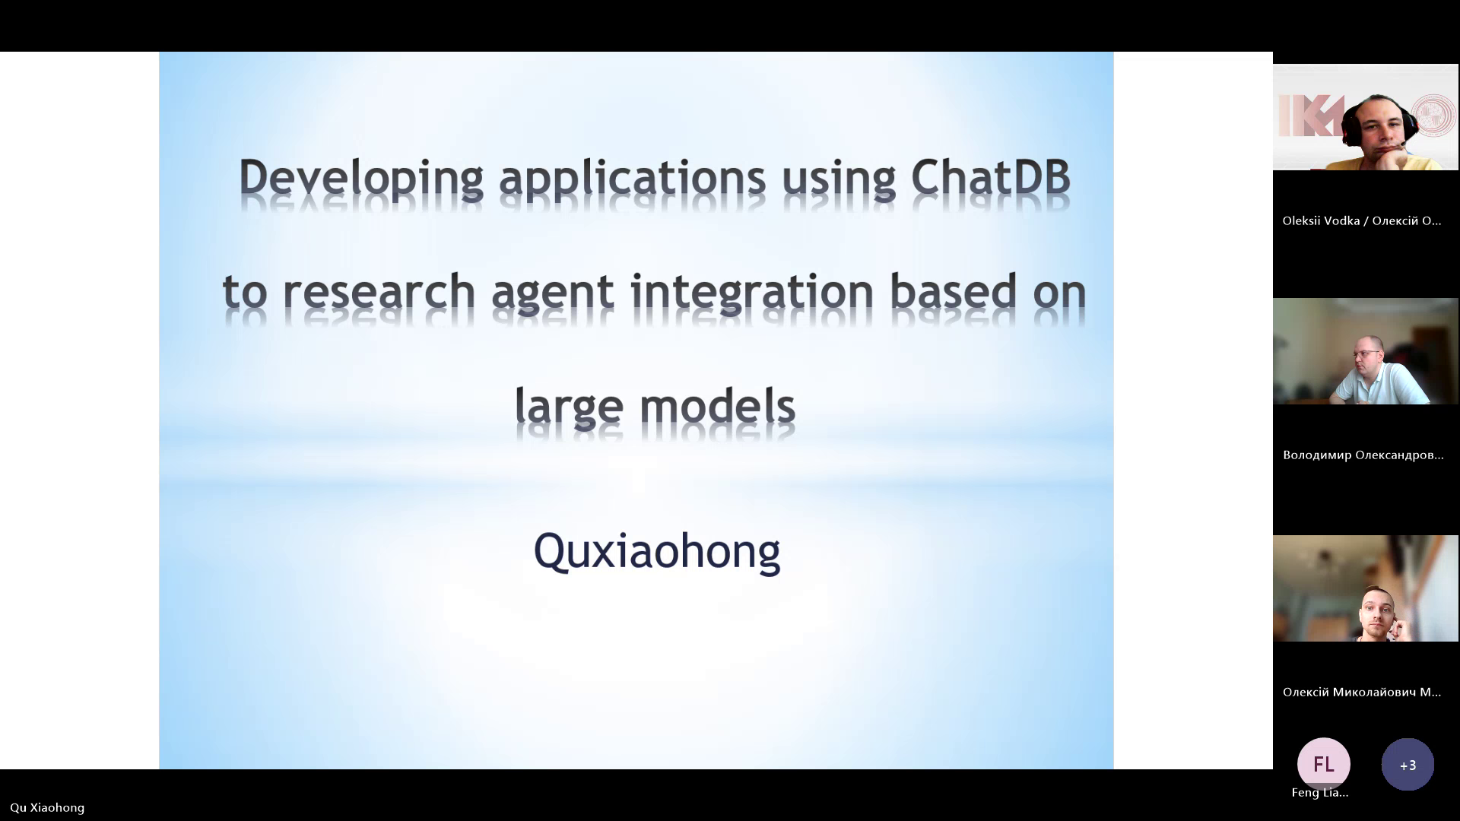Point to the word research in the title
point(379,292)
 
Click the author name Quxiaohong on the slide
point(657,551)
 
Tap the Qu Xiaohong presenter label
point(47,807)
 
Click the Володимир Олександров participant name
point(1363,455)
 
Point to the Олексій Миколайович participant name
point(1362,692)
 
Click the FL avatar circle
point(1324,764)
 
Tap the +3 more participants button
point(1408,764)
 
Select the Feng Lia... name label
point(1320,792)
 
